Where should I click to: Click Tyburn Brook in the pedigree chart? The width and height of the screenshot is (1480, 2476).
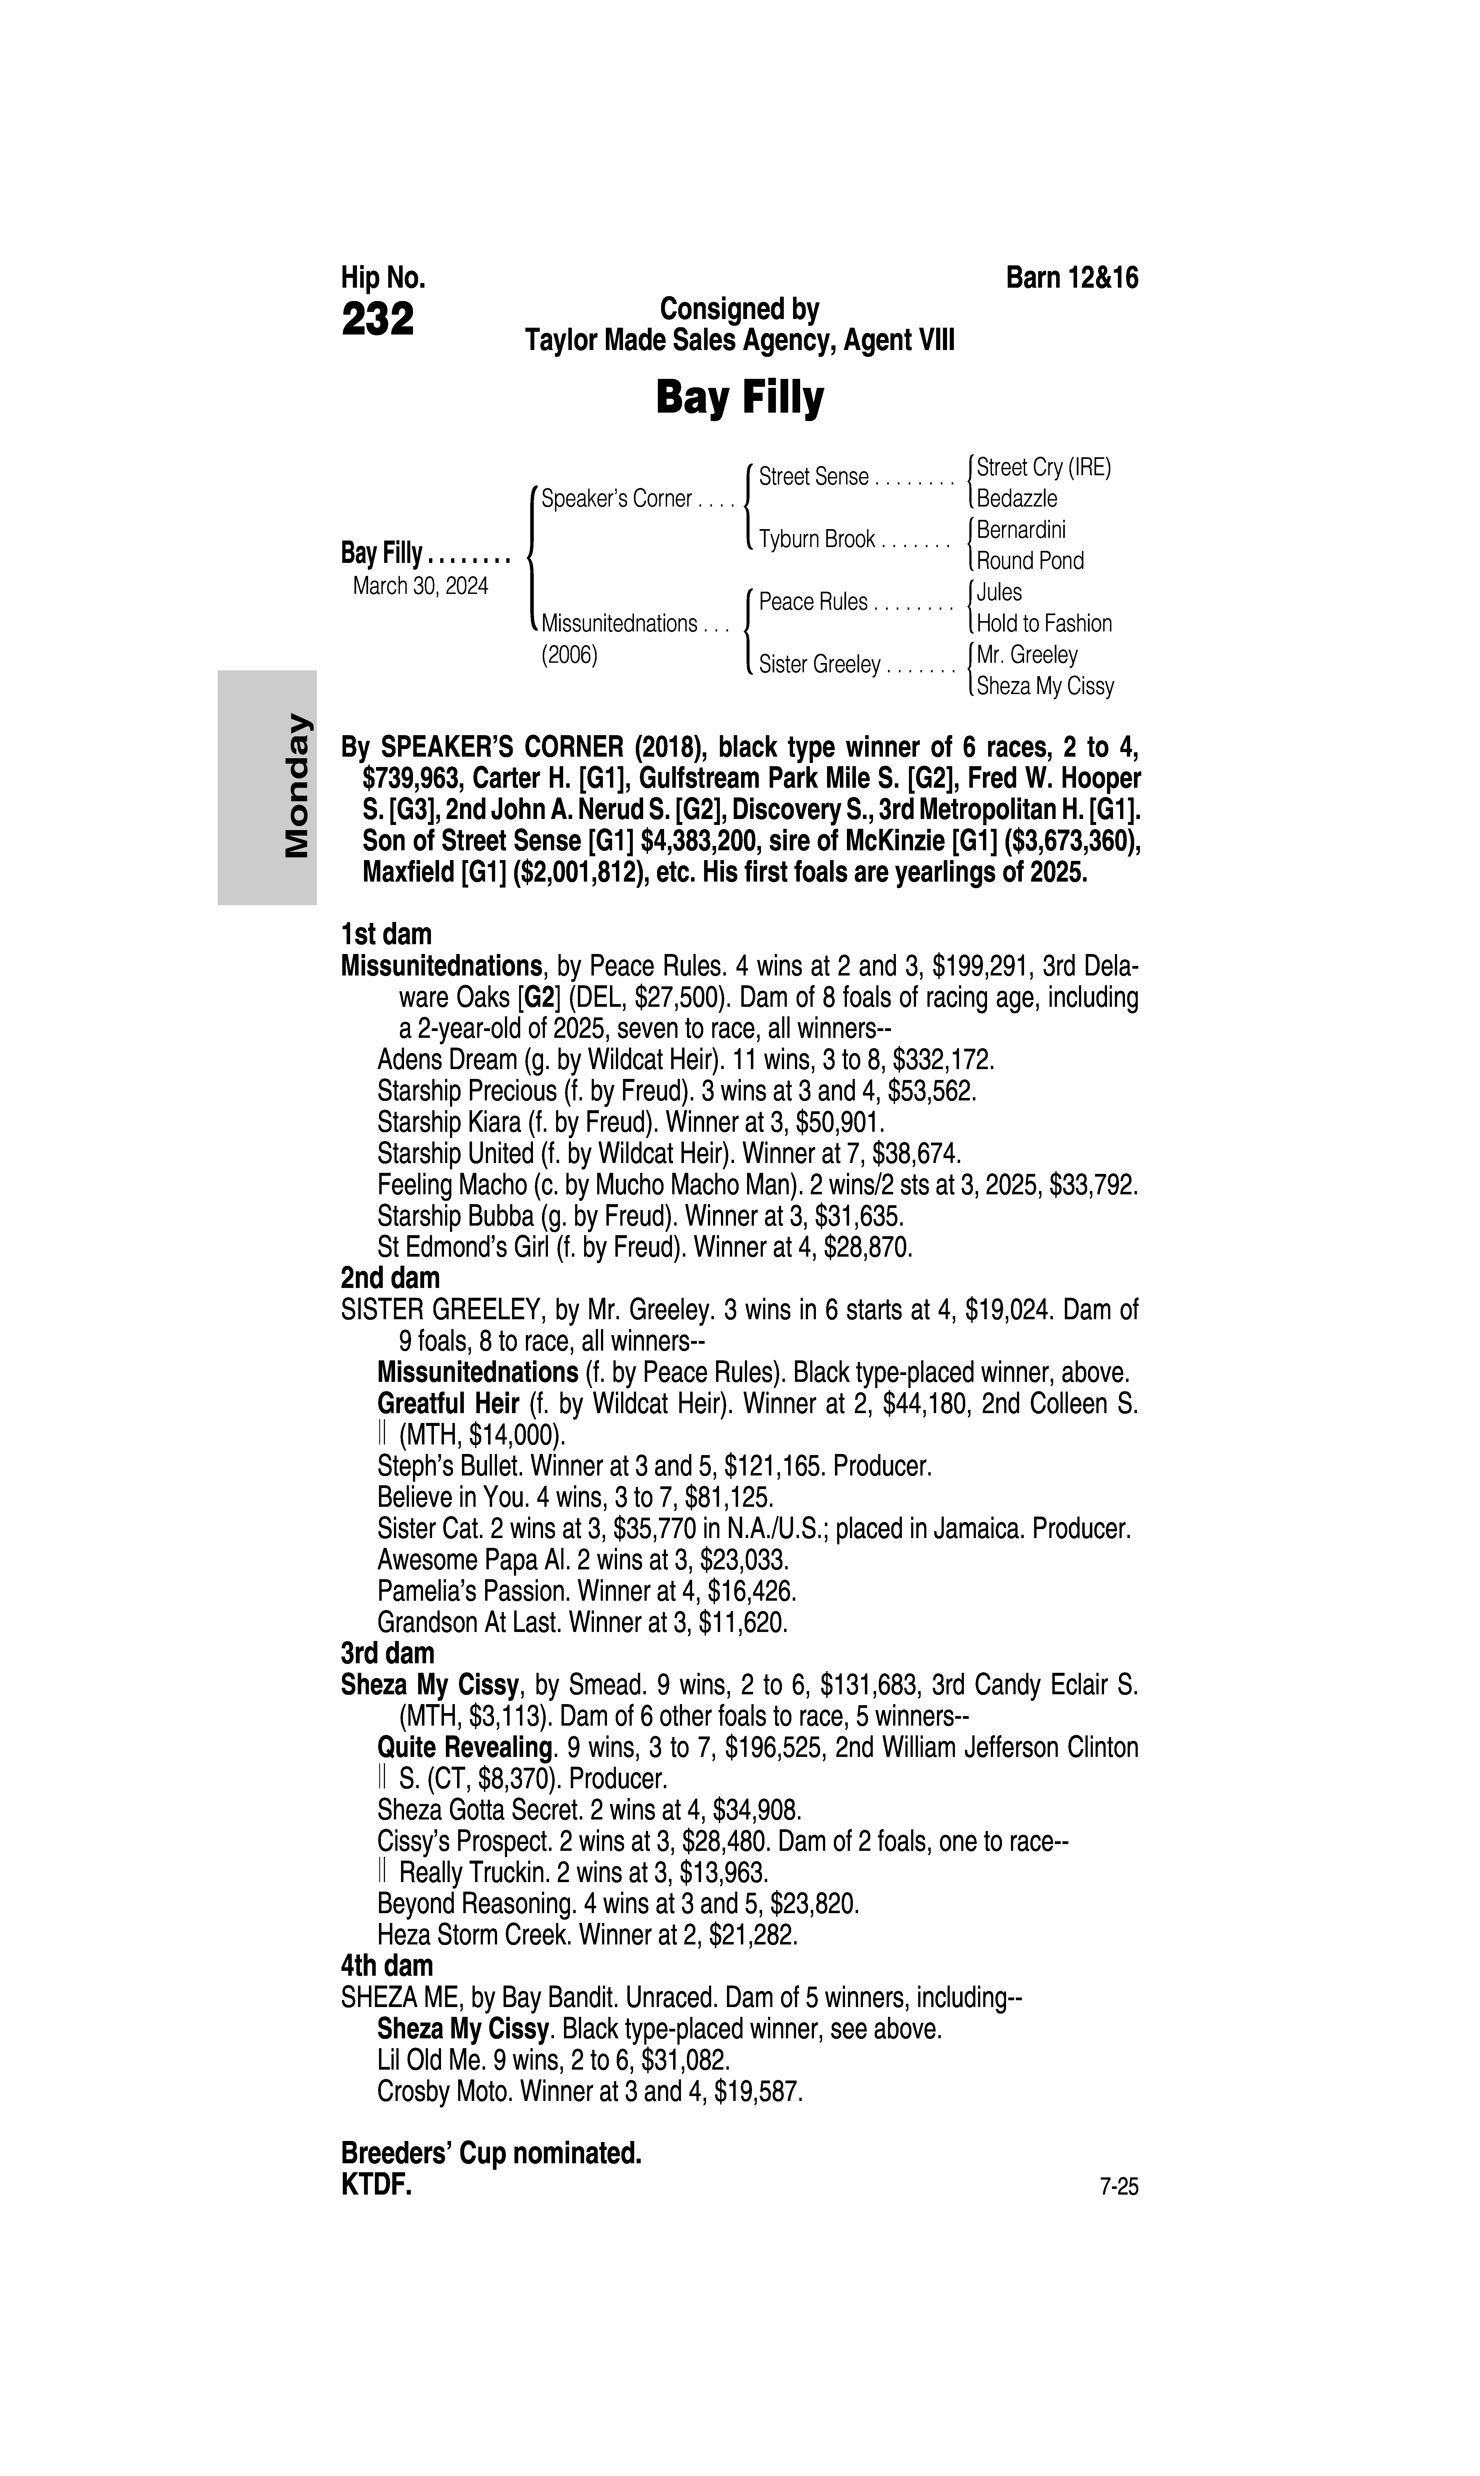(817, 540)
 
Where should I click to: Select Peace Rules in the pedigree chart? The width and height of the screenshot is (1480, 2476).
(813, 603)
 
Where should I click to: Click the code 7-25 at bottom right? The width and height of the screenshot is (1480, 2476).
(1118, 2188)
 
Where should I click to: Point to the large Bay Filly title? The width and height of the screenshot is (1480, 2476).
(739, 398)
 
